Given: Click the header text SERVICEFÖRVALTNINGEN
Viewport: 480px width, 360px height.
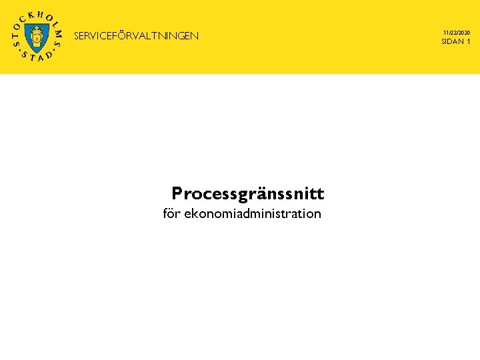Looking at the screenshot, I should tap(136, 36).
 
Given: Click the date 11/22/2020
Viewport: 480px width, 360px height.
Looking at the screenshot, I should tap(456, 32).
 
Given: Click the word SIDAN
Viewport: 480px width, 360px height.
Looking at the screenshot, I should tap(452, 42).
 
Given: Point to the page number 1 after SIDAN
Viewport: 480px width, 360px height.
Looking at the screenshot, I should tap(469, 42).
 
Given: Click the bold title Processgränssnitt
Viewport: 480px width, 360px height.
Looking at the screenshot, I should tap(247, 194).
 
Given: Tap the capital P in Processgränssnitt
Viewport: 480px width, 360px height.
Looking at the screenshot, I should tap(177, 193).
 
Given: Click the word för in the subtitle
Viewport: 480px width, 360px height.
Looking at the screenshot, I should tap(171, 214).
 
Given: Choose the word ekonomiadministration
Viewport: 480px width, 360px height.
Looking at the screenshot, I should tap(253, 214).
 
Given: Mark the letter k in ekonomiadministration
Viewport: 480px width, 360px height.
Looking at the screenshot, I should tap(195, 214).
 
